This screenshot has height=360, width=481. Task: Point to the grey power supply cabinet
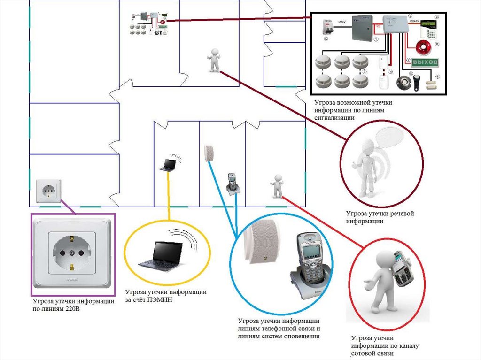pyautogui.click(x=363, y=29)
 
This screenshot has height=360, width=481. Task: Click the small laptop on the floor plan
pyautogui.click(x=167, y=165)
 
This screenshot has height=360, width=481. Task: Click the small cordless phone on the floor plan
pyautogui.click(x=233, y=183)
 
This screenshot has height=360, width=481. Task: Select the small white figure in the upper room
pyautogui.click(x=214, y=60)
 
